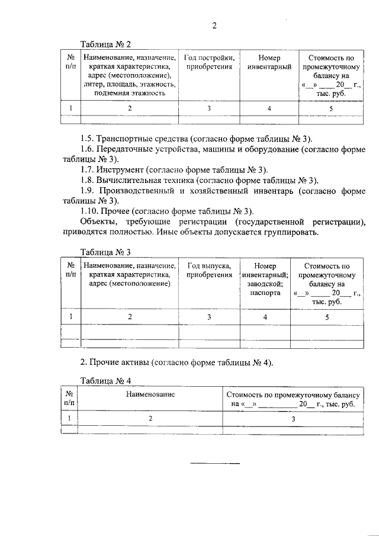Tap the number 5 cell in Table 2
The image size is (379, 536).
pos(331,108)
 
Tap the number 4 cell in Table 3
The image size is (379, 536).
pos(265,317)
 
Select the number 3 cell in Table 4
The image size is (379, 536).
pos(293,418)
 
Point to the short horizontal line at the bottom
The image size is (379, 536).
pos(215,463)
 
